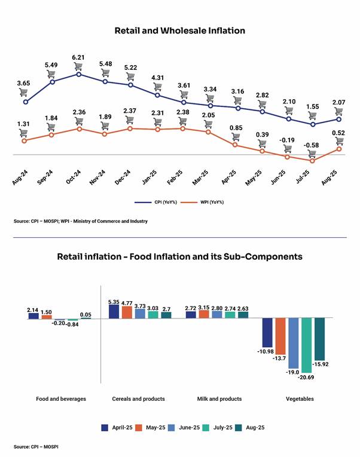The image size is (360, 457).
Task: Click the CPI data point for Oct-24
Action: (x=78, y=74)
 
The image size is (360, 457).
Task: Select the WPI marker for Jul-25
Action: (x=313, y=161)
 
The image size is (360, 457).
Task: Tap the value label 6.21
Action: (x=78, y=57)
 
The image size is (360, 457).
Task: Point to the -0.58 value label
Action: (x=312, y=145)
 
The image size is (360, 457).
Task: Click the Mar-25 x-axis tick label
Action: (x=200, y=177)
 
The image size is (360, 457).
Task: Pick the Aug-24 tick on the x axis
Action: (x=20, y=177)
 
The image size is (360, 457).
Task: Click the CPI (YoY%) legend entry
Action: (x=156, y=203)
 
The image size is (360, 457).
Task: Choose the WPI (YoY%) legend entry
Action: (x=202, y=203)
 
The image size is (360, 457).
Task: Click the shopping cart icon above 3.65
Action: (x=23, y=93)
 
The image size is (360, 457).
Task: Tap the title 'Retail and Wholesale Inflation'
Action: (x=180, y=30)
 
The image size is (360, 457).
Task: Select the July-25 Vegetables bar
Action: (x=307, y=345)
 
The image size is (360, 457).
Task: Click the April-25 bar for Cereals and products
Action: (x=114, y=311)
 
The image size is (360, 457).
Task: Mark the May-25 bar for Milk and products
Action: (x=204, y=314)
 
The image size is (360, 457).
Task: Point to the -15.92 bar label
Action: (x=321, y=364)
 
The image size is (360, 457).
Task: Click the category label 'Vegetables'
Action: (x=300, y=398)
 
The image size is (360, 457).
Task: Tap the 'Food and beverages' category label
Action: (x=61, y=398)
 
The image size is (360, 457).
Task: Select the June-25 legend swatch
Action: (x=172, y=428)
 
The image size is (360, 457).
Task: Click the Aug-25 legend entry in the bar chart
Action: (x=250, y=428)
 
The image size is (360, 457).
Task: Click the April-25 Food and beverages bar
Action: (x=33, y=316)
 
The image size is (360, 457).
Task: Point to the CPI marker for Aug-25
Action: (x=338, y=119)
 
